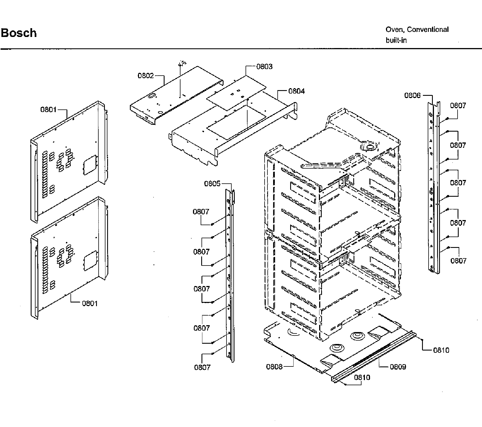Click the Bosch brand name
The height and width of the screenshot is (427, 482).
[x=19, y=33]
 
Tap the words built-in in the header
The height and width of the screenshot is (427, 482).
[x=396, y=40]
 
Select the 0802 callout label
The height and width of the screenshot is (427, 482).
[x=146, y=76]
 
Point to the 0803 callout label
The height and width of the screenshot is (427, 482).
[x=264, y=67]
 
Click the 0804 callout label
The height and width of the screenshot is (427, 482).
[x=296, y=91]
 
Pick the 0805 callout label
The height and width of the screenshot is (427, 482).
[x=212, y=184]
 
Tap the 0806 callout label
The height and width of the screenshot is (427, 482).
[x=412, y=95]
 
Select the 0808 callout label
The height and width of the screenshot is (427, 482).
[x=274, y=367]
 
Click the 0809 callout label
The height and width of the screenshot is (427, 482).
[x=398, y=367]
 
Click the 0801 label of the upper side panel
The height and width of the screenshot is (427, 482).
[x=48, y=109]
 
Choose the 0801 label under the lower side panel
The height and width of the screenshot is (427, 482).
[x=90, y=303]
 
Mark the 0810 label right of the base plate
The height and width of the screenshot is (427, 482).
[x=441, y=350]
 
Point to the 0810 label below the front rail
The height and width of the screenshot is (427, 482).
[x=362, y=378]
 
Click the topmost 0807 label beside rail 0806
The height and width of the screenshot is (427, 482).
[x=458, y=105]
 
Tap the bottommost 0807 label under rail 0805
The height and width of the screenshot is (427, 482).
[x=202, y=367]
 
